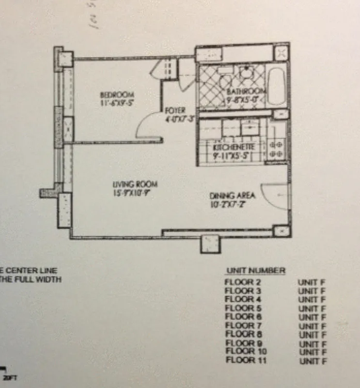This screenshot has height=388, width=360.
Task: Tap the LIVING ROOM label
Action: [x=135, y=184]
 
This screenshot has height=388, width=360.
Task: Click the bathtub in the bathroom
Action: [x=277, y=87]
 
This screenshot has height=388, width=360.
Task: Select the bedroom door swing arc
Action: [x=147, y=127]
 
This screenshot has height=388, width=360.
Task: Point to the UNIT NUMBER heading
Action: [x=256, y=271]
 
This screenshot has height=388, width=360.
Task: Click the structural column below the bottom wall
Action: [x=210, y=243]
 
